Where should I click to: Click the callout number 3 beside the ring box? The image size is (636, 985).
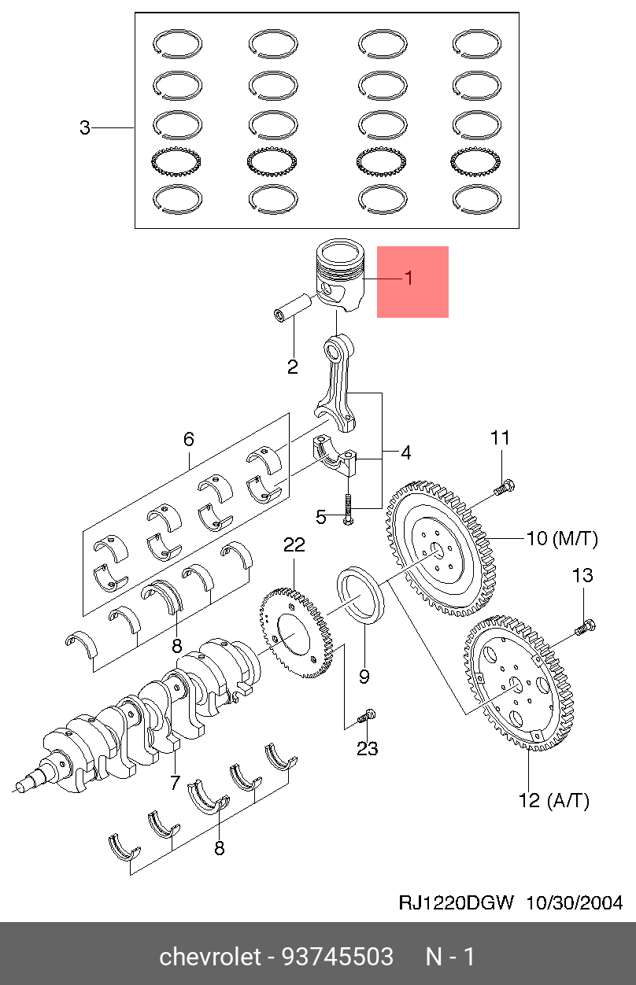[x=85, y=127]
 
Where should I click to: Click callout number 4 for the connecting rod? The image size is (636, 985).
[x=406, y=452]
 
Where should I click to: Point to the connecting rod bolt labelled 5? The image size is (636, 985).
[x=348, y=509]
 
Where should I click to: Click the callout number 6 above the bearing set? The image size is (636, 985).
[x=189, y=439]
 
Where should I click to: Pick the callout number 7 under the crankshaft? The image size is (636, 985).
[x=175, y=782]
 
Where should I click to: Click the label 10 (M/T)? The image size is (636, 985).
[x=562, y=538]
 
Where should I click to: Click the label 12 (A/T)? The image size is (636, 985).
[x=554, y=800]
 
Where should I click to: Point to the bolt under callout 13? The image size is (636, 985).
[x=585, y=626]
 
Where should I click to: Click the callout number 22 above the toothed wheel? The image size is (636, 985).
[x=294, y=545]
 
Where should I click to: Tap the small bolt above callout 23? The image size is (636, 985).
[x=367, y=715]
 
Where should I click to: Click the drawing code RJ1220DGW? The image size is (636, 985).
[x=456, y=903]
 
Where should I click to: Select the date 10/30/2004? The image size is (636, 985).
[x=575, y=903]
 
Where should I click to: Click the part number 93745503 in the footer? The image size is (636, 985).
[x=338, y=957]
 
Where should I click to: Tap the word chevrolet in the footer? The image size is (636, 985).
[x=210, y=957]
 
